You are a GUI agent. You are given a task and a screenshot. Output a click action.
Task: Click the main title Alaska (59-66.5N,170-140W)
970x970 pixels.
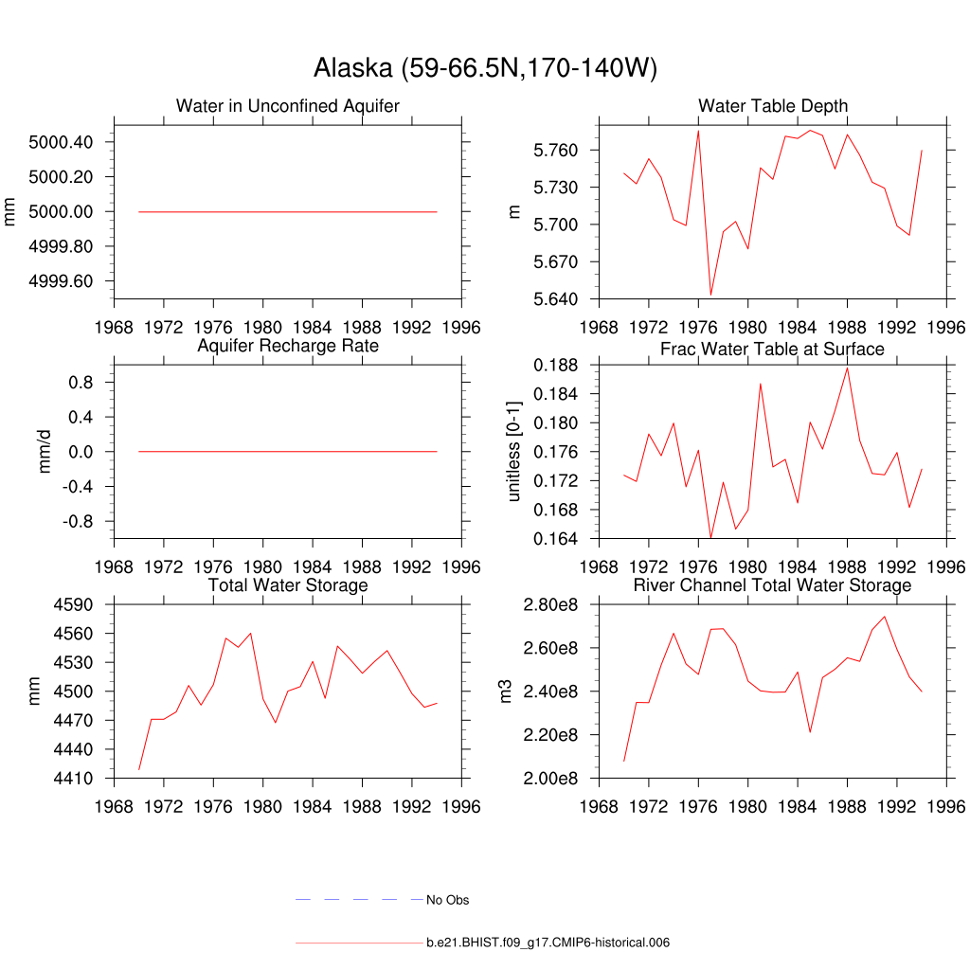click(x=485, y=68)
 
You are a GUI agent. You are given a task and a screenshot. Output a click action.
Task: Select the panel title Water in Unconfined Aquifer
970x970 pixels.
click(x=288, y=105)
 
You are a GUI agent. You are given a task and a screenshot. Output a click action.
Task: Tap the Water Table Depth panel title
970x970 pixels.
click(x=773, y=105)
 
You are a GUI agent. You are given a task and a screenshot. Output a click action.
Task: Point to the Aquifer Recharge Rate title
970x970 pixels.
click(x=288, y=346)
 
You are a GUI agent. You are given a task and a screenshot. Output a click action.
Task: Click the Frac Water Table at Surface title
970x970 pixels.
click(x=772, y=350)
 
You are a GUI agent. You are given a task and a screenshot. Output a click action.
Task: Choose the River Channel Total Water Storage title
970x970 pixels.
click(x=772, y=585)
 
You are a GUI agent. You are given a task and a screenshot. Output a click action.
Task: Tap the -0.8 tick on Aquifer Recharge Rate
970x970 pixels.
click(x=84, y=522)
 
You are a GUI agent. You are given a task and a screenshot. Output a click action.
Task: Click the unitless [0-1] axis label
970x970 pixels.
click(x=514, y=451)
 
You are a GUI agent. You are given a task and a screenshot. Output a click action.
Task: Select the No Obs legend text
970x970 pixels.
click(x=447, y=900)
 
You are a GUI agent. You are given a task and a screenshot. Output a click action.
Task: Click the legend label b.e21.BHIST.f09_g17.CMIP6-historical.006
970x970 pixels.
click(x=548, y=943)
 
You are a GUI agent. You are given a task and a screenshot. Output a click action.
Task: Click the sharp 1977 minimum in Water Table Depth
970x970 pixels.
click(x=710, y=295)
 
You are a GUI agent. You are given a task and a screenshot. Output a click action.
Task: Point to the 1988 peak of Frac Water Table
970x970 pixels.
click(x=847, y=368)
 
